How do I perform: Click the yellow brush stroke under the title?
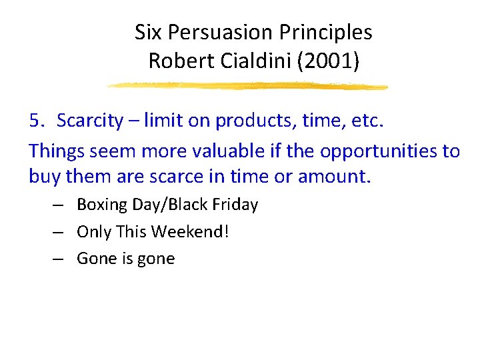click(247, 86)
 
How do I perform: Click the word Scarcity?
click(90, 121)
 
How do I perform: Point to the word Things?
click(57, 151)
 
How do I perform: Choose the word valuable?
click(210, 151)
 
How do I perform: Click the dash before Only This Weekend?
click(60, 232)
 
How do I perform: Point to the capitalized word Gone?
click(96, 259)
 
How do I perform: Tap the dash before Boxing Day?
click(60, 205)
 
